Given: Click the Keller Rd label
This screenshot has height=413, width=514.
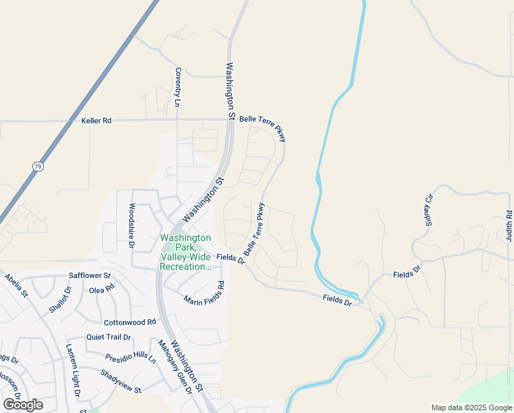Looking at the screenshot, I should coord(96,120).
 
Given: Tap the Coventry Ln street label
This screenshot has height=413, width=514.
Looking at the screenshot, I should coord(177,87).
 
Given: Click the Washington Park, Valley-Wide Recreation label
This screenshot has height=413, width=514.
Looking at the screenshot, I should coord(185,252).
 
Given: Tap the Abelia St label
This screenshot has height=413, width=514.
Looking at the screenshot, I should coord(15,285).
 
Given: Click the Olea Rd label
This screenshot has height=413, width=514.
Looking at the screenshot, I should coord(101,290).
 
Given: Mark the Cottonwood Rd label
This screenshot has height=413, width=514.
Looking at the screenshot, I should coord(130,322).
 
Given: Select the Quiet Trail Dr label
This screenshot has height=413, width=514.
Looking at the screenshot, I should coord(109,337).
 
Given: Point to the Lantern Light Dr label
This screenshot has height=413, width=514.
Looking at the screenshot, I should coord(73,370).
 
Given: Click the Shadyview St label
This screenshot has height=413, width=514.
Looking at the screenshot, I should coord(120,381).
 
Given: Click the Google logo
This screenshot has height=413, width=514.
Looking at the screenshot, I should coord(23,404).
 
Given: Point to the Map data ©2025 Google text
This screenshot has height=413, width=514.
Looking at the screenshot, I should coord(471,407).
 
